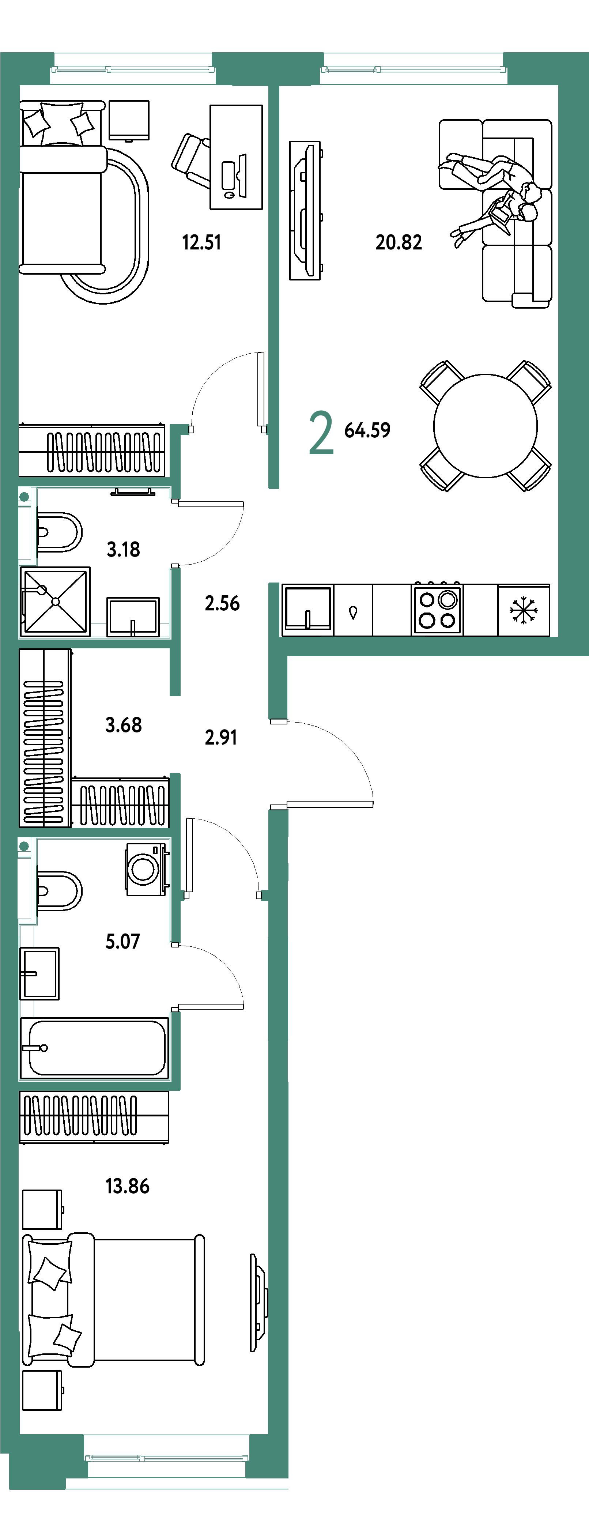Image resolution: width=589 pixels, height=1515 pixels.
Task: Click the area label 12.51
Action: click(x=201, y=242)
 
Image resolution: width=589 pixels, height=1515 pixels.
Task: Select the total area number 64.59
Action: click(x=367, y=430)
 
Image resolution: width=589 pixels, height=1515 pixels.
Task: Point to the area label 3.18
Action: click(x=124, y=549)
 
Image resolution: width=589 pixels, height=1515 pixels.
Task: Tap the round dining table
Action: click(x=486, y=425)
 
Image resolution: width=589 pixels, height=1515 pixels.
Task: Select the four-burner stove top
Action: click(x=437, y=609)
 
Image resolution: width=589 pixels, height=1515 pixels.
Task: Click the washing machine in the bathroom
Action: click(x=146, y=869)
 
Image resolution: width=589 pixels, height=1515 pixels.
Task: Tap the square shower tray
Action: click(x=55, y=601)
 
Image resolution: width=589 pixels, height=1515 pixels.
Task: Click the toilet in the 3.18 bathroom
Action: click(x=58, y=532)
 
